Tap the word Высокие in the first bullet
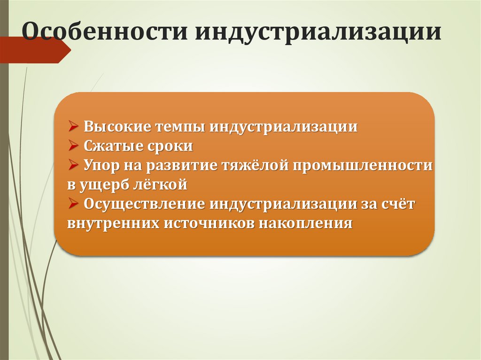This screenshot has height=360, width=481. point(117,127)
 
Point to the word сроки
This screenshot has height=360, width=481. point(171,146)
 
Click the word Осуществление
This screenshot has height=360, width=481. point(144,204)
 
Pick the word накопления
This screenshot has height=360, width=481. point(306,223)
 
